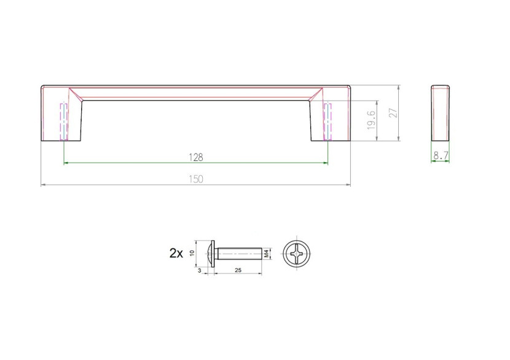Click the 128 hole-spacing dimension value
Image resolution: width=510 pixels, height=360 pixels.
[196, 157]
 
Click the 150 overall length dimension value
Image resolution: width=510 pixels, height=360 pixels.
[196, 179]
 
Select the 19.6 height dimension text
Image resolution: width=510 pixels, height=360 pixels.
[371, 120]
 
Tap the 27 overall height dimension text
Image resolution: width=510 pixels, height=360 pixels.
[393, 112]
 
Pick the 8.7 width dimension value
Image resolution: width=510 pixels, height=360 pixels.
[441, 156]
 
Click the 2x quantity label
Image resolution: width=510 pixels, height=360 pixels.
[176, 253]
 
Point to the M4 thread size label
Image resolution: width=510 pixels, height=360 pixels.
[267, 253]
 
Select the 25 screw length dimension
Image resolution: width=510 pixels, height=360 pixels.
[238, 270]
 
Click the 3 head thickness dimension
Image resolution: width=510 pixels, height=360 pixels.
[199, 270]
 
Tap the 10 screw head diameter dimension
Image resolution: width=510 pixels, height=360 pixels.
[192, 252]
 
